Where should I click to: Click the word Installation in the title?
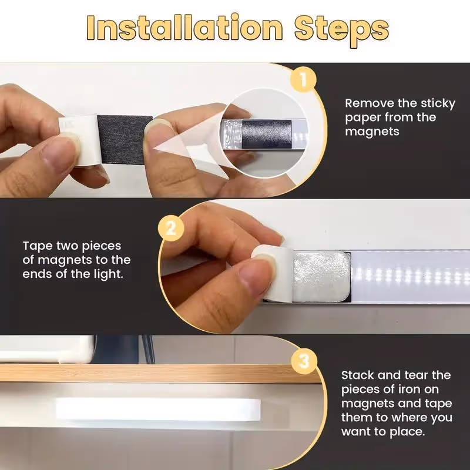184,28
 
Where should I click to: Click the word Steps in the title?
342,31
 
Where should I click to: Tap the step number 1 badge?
303,80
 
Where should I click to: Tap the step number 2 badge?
170,229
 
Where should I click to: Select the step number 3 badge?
304,361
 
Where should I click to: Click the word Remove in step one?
370,103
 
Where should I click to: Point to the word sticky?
438,104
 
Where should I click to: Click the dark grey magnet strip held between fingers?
125,140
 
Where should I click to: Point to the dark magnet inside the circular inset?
267,134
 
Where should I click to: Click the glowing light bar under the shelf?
158,409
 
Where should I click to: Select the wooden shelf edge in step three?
159,374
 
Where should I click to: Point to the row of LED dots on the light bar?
410,276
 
